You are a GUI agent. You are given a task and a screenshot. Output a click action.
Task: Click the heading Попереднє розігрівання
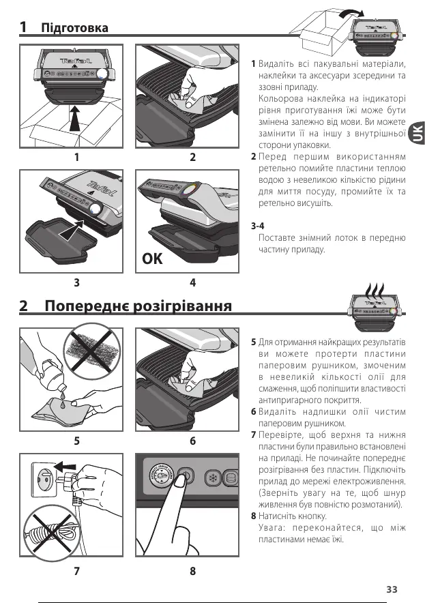pyautogui.click(x=136, y=305)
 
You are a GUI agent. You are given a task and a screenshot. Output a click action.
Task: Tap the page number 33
pyautogui.click(x=391, y=589)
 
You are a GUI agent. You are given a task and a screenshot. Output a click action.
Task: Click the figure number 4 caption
pyautogui.click(x=193, y=282)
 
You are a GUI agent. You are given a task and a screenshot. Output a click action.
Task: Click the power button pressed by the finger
pyautogui.click(x=186, y=475)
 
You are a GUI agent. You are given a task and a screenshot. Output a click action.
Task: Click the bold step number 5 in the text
pyautogui.click(x=253, y=340)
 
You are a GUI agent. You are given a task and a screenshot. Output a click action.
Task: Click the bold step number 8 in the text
pyautogui.click(x=253, y=516)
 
